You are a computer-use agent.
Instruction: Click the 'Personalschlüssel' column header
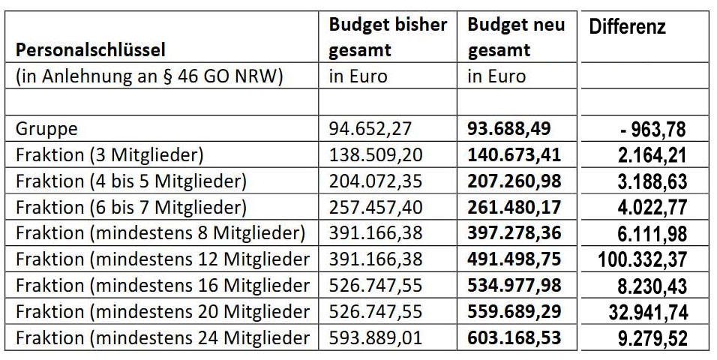pyautogui.click(x=91, y=50)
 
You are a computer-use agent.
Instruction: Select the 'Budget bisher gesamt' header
pyautogui.click(x=388, y=37)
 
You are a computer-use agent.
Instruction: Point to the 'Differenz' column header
pyautogui.click(x=627, y=28)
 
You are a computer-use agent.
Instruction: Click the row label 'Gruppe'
pyautogui.click(x=46, y=128)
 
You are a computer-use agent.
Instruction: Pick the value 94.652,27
pyautogui.click(x=370, y=128)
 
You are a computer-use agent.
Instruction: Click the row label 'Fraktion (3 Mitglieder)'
pyautogui.click(x=110, y=154)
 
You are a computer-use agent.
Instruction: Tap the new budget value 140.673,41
pyautogui.click(x=514, y=154)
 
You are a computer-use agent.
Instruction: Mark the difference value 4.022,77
pyautogui.click(x=647, y=207)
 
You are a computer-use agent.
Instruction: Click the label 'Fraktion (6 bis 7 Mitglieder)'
pyautogui.click(x=131, y=206)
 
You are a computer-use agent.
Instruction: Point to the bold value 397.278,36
pyautogui.click(x=514, y=232)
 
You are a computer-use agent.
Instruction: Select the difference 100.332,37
pyautogui.click(x=642, y=259)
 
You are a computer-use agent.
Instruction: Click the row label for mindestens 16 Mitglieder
pyautogui.click(x=163, y=285)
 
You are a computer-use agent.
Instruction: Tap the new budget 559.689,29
pyautogui.click(x=514, y=310)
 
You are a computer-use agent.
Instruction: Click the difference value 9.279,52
pyautogui.click(x=647, y=338)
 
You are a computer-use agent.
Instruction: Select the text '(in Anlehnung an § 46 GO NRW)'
pyautogui.click(x=149, y=76)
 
